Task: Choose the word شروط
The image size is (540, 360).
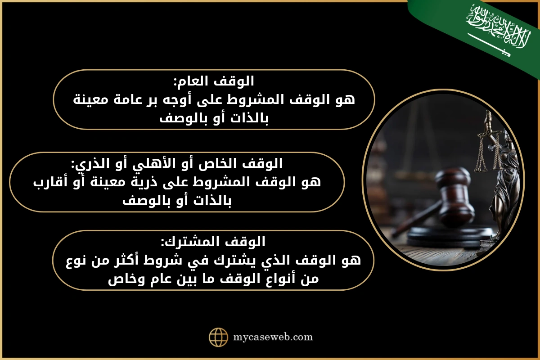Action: (x=161, y=261)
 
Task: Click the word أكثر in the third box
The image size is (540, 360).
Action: (x=118, y=261)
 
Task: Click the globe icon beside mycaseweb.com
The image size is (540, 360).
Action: (x=219, y=337)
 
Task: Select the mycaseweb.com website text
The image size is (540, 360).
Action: (x=273, y=337)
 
